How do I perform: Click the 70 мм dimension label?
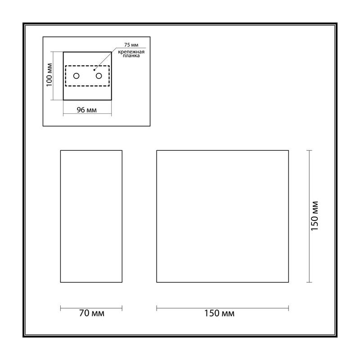(92, 313)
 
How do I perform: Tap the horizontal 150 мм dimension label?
(220, 313)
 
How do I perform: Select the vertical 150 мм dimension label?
(315, 216)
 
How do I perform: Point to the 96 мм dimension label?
(87, 110)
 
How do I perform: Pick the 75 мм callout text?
(131, 45)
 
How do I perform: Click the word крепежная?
(131, 52)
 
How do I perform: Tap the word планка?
(131, 55)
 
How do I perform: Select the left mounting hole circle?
(76, 76)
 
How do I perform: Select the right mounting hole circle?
(99, 76)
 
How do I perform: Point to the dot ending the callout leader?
(94, 70)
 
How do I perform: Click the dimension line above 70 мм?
(91, 308)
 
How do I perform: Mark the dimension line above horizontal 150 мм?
(222, 308)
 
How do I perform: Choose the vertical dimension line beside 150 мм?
(309, 216)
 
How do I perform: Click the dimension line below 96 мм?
(87, 113)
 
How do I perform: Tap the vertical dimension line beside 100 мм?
(54, 76)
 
